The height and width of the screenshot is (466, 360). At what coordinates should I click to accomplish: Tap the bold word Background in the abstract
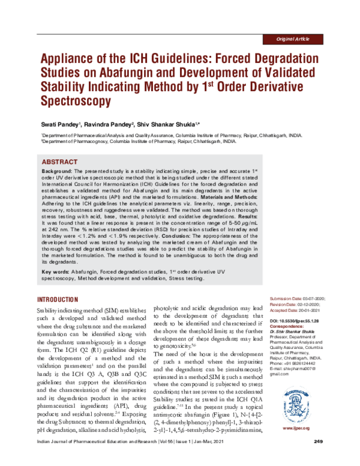pos(58,171)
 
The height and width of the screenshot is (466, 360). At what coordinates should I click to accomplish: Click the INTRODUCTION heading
pos(62,298)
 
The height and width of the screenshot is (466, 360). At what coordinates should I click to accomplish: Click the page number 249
pos(319,459)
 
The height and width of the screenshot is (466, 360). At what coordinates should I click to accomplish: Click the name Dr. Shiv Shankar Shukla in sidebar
pos(300,334)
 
